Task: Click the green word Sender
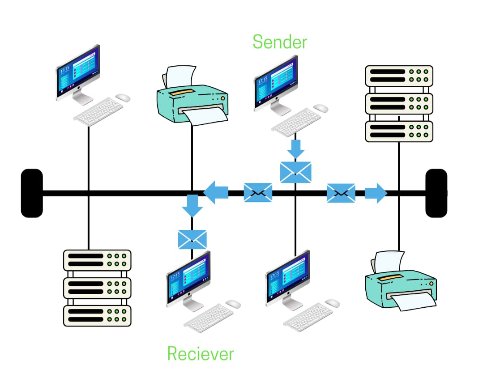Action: point(280,42)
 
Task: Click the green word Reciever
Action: point(201,353)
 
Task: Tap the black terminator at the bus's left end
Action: point(32,193)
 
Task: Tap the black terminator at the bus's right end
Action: point(436,193)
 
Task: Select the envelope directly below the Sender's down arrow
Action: point(295,172)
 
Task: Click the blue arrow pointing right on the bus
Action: point(375,193)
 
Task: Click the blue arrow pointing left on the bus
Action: point(216,193)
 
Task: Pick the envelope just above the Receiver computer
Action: point(192,239)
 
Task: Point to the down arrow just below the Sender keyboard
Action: point(296,148)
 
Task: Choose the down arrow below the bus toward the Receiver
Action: point(192,206)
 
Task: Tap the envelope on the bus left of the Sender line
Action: point(258,193)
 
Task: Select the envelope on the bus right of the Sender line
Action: point(341,193)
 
